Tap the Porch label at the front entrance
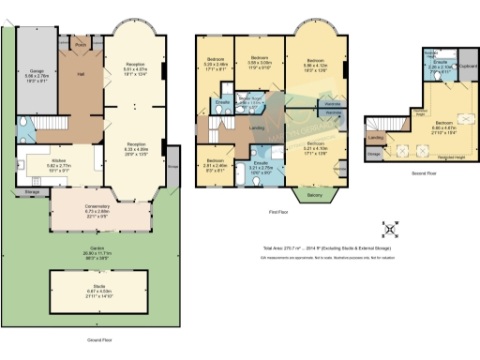click(81, 44)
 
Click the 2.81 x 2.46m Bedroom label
click(216, 162)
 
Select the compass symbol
click(391, 229)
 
